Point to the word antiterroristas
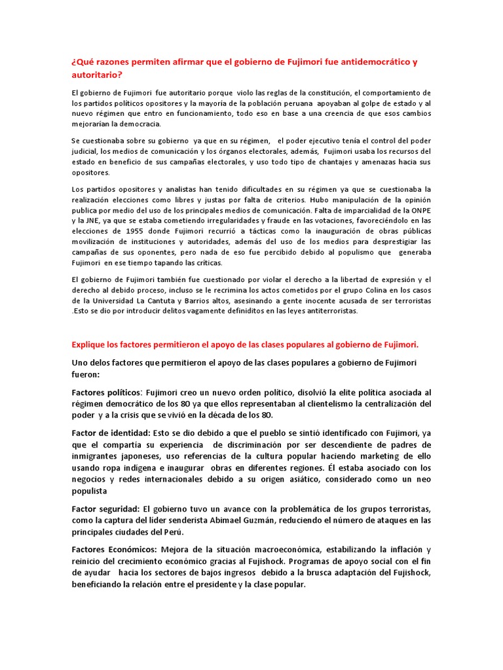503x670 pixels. [x=329, y=311]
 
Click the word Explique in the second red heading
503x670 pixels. [x=89, y=344]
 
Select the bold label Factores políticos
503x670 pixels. [x=107, y=392]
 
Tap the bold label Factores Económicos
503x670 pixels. [x=112, y=550]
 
